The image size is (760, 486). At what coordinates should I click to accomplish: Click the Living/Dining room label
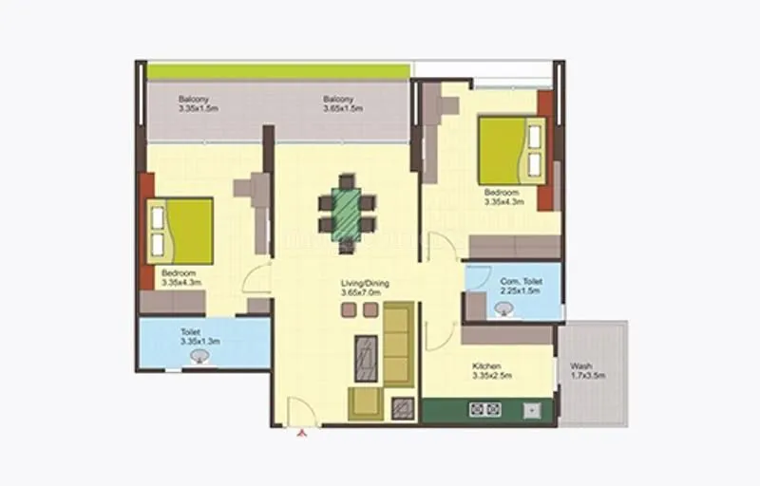(366, 289)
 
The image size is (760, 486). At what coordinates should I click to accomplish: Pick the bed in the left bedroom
(180, 232)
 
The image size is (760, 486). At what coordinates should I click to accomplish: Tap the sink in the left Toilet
(199, 357)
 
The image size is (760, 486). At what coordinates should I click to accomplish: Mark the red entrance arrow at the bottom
(302, 435)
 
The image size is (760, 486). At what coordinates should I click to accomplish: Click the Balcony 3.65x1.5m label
(338, 104)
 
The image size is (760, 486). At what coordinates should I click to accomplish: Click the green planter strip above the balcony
(278, 71)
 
